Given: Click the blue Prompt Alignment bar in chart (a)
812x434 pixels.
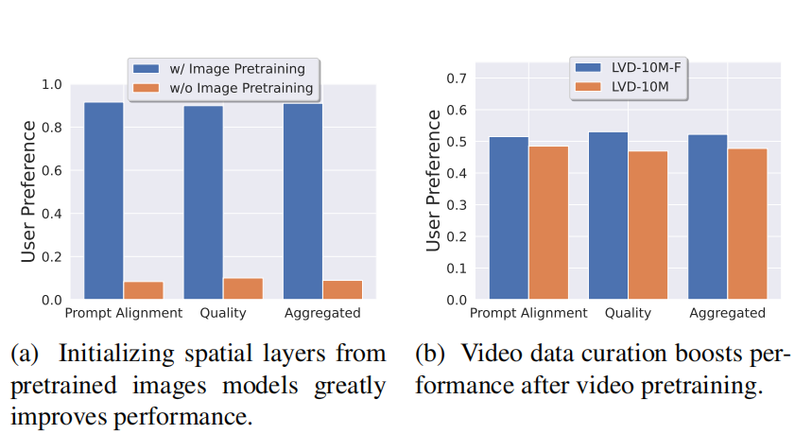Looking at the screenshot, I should (x=103, y=200).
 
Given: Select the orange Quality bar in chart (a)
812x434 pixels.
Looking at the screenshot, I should (x=242, y=288).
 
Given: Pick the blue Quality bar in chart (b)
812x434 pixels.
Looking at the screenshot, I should (x=608, y=216).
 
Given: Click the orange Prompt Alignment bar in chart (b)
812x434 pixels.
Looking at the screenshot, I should (x=548, y=223).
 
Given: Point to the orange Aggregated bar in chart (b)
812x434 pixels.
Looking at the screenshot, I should (x=747, y=224).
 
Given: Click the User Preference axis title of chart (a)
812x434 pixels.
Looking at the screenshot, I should (x=29, y=192).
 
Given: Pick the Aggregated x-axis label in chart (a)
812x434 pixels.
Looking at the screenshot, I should (x=322, y=313).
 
